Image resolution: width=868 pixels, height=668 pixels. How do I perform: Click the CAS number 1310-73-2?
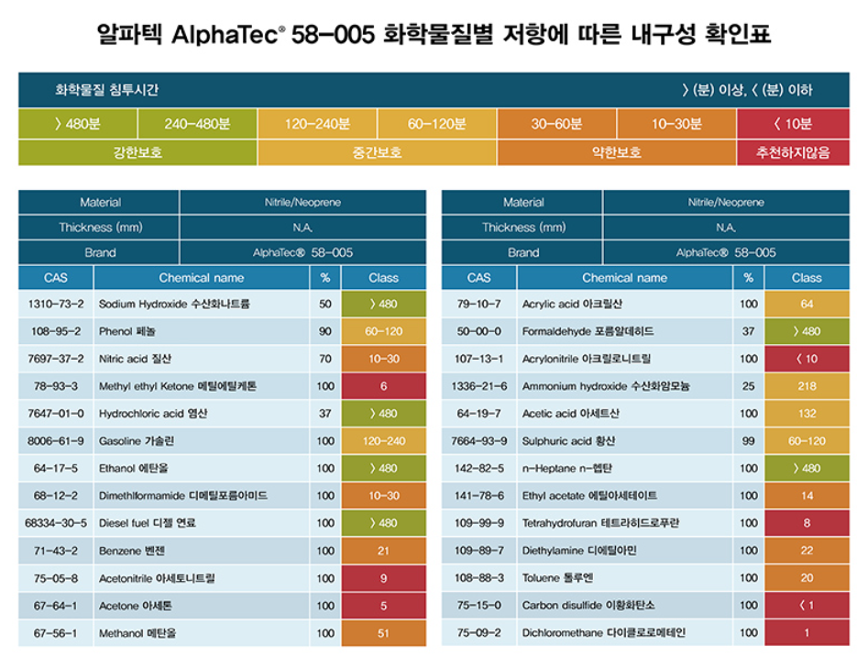tap(55, 304)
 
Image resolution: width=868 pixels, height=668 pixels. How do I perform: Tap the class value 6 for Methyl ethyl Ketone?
tap(383, 386)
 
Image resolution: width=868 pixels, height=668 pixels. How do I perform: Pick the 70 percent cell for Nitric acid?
tap(325, 359)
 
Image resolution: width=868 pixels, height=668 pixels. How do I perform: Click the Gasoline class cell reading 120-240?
tap(383, 441)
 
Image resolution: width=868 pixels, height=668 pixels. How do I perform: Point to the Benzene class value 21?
tap(383, 551)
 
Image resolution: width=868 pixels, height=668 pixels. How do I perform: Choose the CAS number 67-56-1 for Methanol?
tap(55, 633)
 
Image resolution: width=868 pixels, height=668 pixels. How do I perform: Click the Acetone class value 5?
tap(383, 606)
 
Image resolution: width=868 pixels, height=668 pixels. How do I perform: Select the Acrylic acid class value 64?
tap(807, 304)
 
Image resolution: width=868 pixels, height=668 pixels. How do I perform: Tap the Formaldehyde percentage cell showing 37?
tap(749, 331)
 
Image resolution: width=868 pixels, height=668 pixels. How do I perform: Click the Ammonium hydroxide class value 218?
tap(807, 386)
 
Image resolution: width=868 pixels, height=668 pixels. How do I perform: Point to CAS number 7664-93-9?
tap(478, 441)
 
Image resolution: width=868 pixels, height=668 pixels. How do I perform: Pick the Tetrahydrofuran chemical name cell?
tap(623, 523)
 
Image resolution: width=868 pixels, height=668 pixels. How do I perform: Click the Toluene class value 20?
tap(807, 578)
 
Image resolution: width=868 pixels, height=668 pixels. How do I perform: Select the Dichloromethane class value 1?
tap(807, 633)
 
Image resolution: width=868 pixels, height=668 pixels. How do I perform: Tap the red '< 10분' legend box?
tap(792, 124)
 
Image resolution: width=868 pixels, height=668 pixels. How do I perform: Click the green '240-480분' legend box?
tap(197, 124)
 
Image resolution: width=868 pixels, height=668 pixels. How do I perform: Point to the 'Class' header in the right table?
tap(807, 277)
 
